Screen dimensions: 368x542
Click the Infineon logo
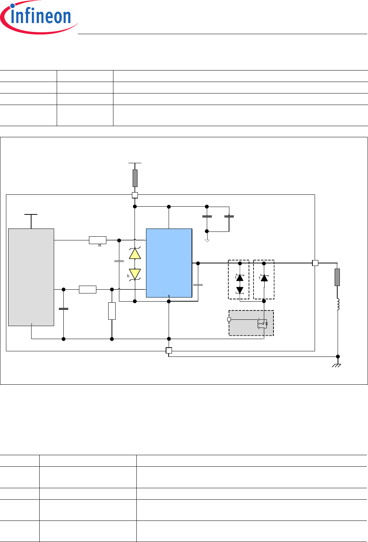point(39,17)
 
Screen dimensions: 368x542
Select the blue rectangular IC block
point(169,263)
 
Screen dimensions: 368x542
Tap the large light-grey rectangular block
point(31,277)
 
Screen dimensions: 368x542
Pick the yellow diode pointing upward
point(135,254)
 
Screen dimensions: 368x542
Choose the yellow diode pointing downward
point(135,275)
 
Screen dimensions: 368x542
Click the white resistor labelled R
point(98,240)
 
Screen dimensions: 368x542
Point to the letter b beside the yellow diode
point(128,276)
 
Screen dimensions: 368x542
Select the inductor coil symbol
point(338,304)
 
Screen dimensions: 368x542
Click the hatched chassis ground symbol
point(336,365)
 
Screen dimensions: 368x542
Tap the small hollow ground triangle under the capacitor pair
point(207,241)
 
